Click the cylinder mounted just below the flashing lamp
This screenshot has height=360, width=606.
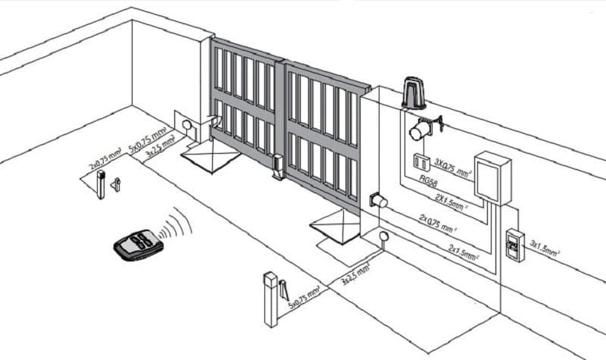(x=418, y=130)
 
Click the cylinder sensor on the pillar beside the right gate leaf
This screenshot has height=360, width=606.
(x=377, y=201)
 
